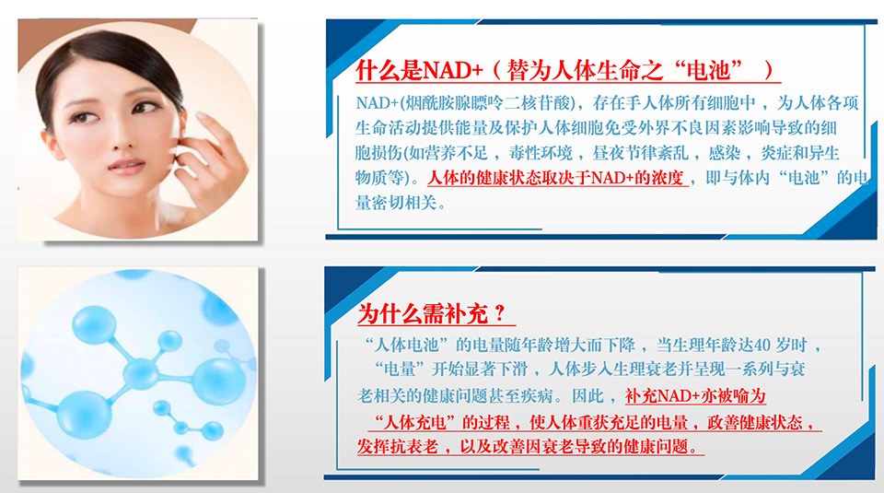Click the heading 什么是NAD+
coord(420,71)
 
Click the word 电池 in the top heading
coord(708,71)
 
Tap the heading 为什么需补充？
coord(432,313)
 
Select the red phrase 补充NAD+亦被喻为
coord(695,395)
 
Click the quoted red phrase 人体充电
coord(415,422)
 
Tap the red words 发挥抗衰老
coord(398,447)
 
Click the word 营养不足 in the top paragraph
coord(455,153)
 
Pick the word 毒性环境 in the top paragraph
coord(541,153)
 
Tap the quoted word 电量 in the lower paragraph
coord(399,370)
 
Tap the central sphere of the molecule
coord(140,372)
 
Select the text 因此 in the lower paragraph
coord(588,395)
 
